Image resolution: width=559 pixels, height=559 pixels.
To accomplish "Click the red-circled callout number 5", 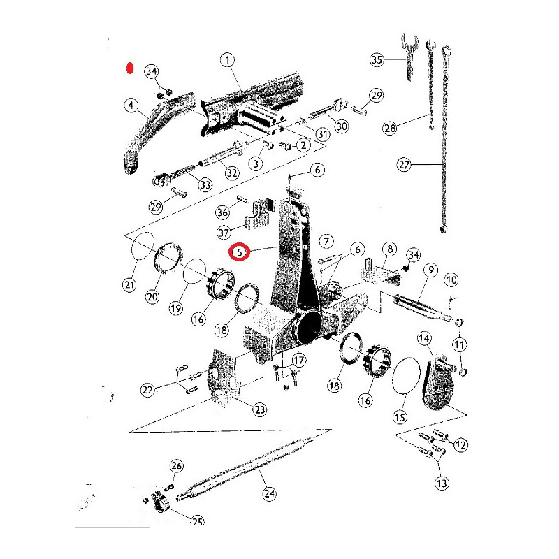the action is [x=240, y=252].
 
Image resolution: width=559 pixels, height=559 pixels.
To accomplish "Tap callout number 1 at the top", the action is [x=228, y=59].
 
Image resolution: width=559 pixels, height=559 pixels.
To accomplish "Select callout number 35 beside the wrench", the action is [x=377, y=59].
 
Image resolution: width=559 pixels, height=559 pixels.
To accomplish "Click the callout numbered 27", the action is [x=404, y=165].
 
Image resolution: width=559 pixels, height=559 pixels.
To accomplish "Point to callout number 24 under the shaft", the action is [x=269, y=493].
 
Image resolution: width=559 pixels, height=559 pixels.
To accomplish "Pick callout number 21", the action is [x=129, y=284].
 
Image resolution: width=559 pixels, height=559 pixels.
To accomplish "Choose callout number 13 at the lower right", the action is [x=442, y=484].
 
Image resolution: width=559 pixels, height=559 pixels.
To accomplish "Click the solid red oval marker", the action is [x=130, y=68].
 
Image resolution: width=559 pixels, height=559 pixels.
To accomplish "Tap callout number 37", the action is [x=224, y=233].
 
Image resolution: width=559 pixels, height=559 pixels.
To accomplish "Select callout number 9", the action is [x=431, y=270].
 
